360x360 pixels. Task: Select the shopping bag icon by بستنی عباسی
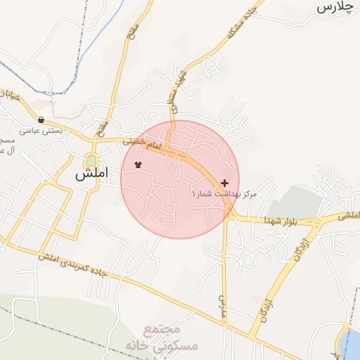[x=41, y=120]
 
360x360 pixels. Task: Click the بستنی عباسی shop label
[x=41, y=130]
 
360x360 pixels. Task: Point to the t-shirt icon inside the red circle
[x=138, y=166]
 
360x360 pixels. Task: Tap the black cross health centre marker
[x=224, y=183]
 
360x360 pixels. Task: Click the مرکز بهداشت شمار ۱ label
[x=224, y=193]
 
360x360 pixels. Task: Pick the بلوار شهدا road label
[x=281, y=221]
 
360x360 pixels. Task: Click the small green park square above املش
[x=91, y=160]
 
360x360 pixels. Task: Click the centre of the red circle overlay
[x=180, y=179]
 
